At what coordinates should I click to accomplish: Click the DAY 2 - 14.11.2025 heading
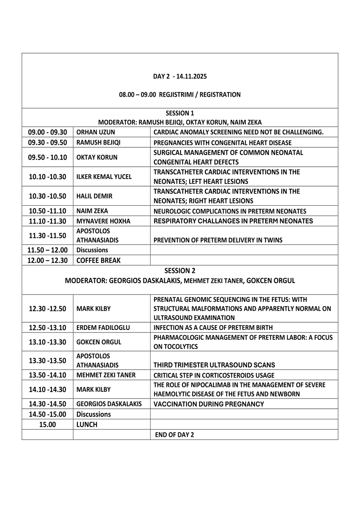coord(180,76)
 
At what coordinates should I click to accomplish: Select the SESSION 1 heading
coord(180,113)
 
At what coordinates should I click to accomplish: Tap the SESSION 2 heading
coord(180,271)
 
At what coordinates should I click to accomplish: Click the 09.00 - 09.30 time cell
coord(47,132)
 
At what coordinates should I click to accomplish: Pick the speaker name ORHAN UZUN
coord(96,132)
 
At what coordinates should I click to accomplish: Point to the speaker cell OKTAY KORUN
coord(97,157)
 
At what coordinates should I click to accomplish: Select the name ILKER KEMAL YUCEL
coord(104,177)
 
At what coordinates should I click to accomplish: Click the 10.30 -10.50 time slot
coord(47,196)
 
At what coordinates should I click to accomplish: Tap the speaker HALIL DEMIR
coord(94,196)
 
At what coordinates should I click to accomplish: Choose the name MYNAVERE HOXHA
coord(103,221)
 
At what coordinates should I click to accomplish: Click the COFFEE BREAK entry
coord(98,261)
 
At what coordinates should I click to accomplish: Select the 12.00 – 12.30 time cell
coord(47,261)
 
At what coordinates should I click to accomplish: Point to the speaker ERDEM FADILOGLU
coord(103,328)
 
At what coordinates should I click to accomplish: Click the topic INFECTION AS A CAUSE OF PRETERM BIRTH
coord(213,328)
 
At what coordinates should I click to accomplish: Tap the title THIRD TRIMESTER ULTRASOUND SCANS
coord(214,365)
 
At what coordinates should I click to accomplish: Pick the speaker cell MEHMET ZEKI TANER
coord(106,375)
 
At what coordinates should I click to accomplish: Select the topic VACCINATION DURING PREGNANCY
coord(208,404)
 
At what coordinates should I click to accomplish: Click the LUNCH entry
coord(87,425)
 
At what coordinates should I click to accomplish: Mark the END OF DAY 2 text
coord(174,435)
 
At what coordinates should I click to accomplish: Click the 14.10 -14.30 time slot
coord(47,390)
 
